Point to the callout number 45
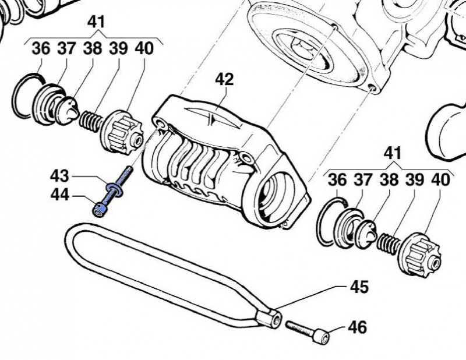click(359, 287)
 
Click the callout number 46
click(358, 327)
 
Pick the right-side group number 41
click(393, 154)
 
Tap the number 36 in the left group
click(41, 49)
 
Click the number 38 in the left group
click(91, 49)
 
